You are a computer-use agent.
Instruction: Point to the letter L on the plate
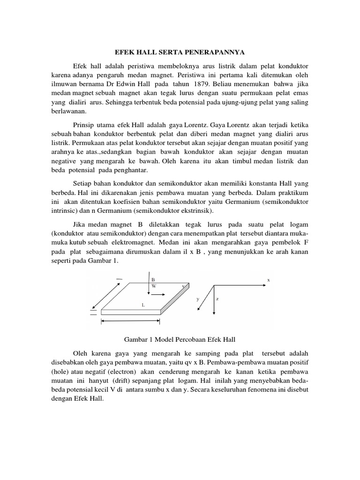pos(143,305)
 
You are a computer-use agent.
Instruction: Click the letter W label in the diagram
pos(153,285)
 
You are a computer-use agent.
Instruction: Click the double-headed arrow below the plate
pos(131,321)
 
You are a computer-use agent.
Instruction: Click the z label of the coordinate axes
pos(218,299)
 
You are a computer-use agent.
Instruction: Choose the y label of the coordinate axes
pos(198,298)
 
